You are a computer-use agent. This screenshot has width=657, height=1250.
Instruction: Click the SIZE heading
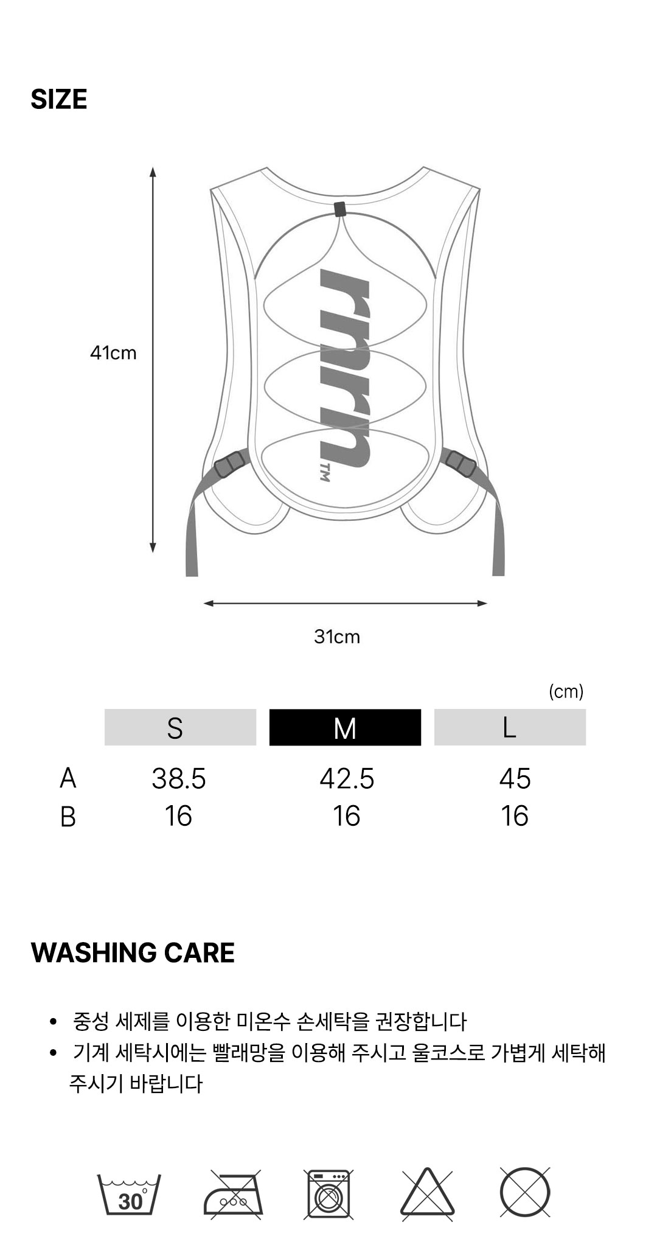coord(59,99)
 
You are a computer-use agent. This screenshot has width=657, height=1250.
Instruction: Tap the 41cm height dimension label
coord(113,353)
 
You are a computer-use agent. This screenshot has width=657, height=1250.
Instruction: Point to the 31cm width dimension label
coord(337,637)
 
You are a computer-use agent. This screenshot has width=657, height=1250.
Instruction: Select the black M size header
coord(345,727)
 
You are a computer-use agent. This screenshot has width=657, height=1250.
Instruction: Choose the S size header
coord(181,727)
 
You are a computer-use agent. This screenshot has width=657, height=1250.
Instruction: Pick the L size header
coord(510,727)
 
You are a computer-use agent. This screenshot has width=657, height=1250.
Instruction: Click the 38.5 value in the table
coord(179,779)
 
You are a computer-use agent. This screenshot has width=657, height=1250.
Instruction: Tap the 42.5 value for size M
coord(347,779)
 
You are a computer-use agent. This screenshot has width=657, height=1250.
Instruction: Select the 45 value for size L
coord(515,779)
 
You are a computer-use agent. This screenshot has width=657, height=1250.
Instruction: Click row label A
coord(68,778)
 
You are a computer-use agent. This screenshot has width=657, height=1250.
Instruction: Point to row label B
coord(68,817)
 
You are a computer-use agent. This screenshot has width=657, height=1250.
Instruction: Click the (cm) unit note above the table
coord(566,691)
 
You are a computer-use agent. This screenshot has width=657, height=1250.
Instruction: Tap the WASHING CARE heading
coord(133,953)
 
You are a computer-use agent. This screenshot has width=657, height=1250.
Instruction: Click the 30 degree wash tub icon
coord(129,1195)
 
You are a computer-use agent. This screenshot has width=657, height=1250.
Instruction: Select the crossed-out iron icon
coord(233,1195)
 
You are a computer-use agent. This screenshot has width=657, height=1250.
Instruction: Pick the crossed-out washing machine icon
coord(329,1194)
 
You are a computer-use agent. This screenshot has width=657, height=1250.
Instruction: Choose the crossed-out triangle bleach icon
coord(427,1194)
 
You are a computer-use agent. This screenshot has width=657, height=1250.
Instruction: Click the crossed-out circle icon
coord(525,1193)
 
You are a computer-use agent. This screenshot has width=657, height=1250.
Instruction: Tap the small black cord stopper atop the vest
coord(339,209)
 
